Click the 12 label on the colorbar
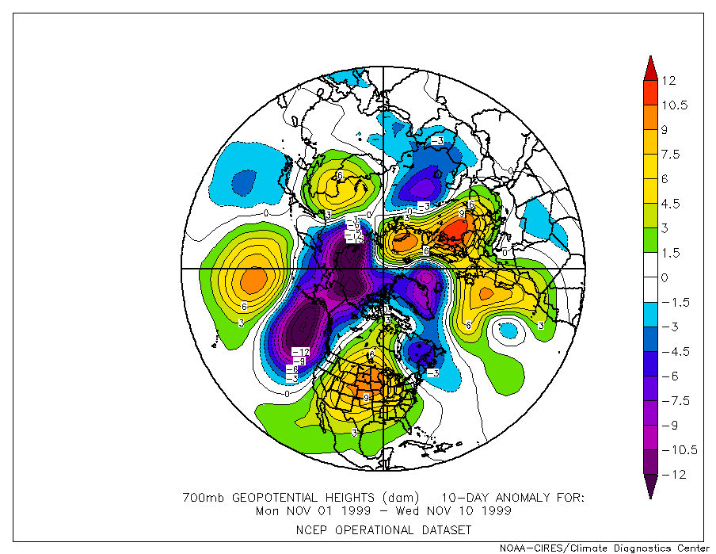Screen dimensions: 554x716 point(669,80)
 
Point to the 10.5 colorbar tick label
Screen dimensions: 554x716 point(674,105)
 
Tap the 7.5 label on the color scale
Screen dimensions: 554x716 point(671,154)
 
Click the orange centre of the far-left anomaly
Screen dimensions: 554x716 point(253,279)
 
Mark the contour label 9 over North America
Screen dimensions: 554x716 point(366,396)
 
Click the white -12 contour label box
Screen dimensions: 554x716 point(300,351)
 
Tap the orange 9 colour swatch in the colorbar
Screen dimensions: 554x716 point(649,129)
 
